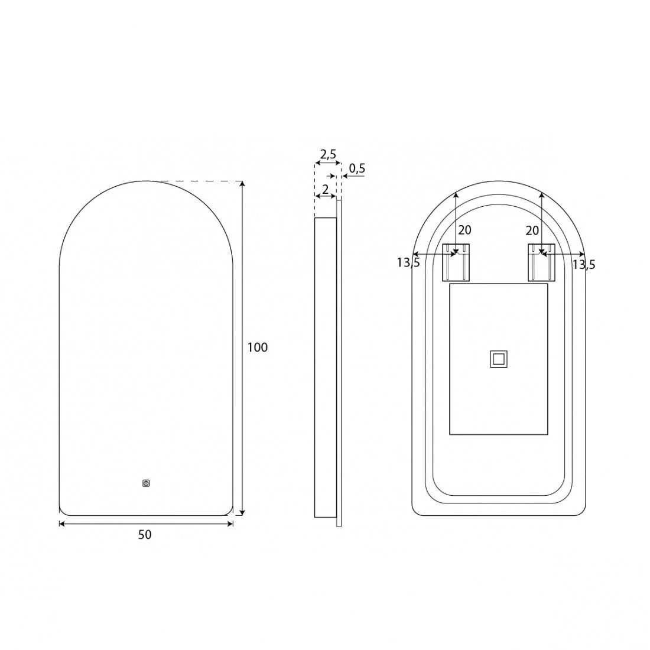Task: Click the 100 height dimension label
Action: click(x=258, y=347)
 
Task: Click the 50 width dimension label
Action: click(x=145, y=535)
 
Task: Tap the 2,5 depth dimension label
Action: click(x=328, y=155)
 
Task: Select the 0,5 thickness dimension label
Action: click(x=357, y=168)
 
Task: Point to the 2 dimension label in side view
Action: click(x=326, y=190)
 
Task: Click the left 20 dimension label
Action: click(x=464, y=230)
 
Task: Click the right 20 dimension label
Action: click(x=532, y=230)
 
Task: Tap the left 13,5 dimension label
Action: click(x=408, y=262)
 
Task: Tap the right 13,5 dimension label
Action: click(x=584, y=264)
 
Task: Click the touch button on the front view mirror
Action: click(x=146, y=483)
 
